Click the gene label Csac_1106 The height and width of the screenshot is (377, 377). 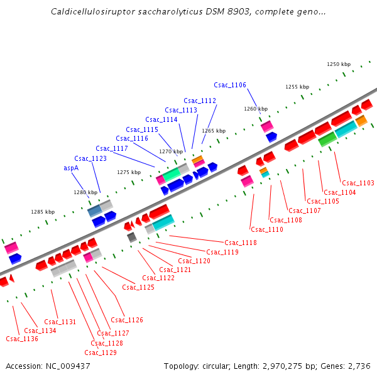230,85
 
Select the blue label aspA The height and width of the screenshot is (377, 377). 71,168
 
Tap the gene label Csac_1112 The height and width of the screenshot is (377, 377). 200,101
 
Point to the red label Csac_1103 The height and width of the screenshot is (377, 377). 358,183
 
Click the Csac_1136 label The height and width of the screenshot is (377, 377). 22,339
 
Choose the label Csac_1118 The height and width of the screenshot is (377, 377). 241,243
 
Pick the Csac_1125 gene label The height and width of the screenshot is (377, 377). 138,288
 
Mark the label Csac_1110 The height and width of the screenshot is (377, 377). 267,230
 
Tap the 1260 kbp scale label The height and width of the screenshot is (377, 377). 256,109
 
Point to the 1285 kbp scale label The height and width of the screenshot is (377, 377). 43,212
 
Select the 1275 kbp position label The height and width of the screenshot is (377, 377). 129,172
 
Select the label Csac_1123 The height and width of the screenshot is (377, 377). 90,159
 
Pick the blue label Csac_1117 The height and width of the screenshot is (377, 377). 112,149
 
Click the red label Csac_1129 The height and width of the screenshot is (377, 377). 101,353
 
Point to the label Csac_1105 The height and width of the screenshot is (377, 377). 323,202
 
